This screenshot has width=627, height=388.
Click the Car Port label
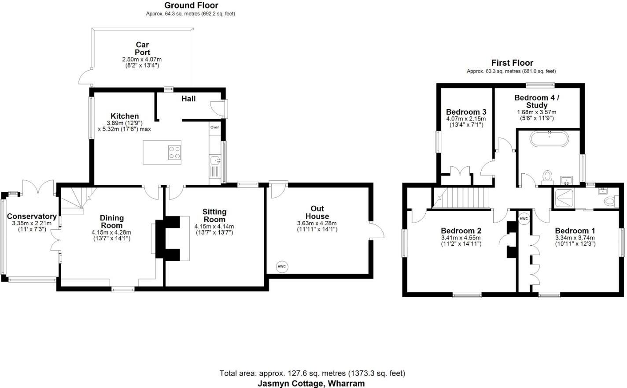tap(142, 48)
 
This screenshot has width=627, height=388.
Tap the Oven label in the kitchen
tap(214, 127)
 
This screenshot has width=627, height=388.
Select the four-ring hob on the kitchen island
tap(174, 152)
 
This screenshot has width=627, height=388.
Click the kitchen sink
tap(215, 160)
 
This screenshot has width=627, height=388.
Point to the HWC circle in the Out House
tap(282, 266)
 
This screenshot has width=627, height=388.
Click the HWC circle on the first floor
tap(524, 219)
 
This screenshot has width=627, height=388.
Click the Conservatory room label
tap(32, 216)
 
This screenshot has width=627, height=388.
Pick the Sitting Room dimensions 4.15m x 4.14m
tap(214, 227)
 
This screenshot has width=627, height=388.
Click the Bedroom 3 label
tap(466, 112)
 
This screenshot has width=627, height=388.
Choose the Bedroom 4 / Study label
tap(537, 101)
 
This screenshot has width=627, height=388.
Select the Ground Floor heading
tap(191, 5)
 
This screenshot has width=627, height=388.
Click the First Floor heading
tap(512, 63)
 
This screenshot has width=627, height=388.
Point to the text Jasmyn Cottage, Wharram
tap(311, 383)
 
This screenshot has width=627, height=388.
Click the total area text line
tap(312, 373)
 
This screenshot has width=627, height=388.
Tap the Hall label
tap(188, 99)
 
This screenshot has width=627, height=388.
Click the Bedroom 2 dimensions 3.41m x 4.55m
tap(461, 238)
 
